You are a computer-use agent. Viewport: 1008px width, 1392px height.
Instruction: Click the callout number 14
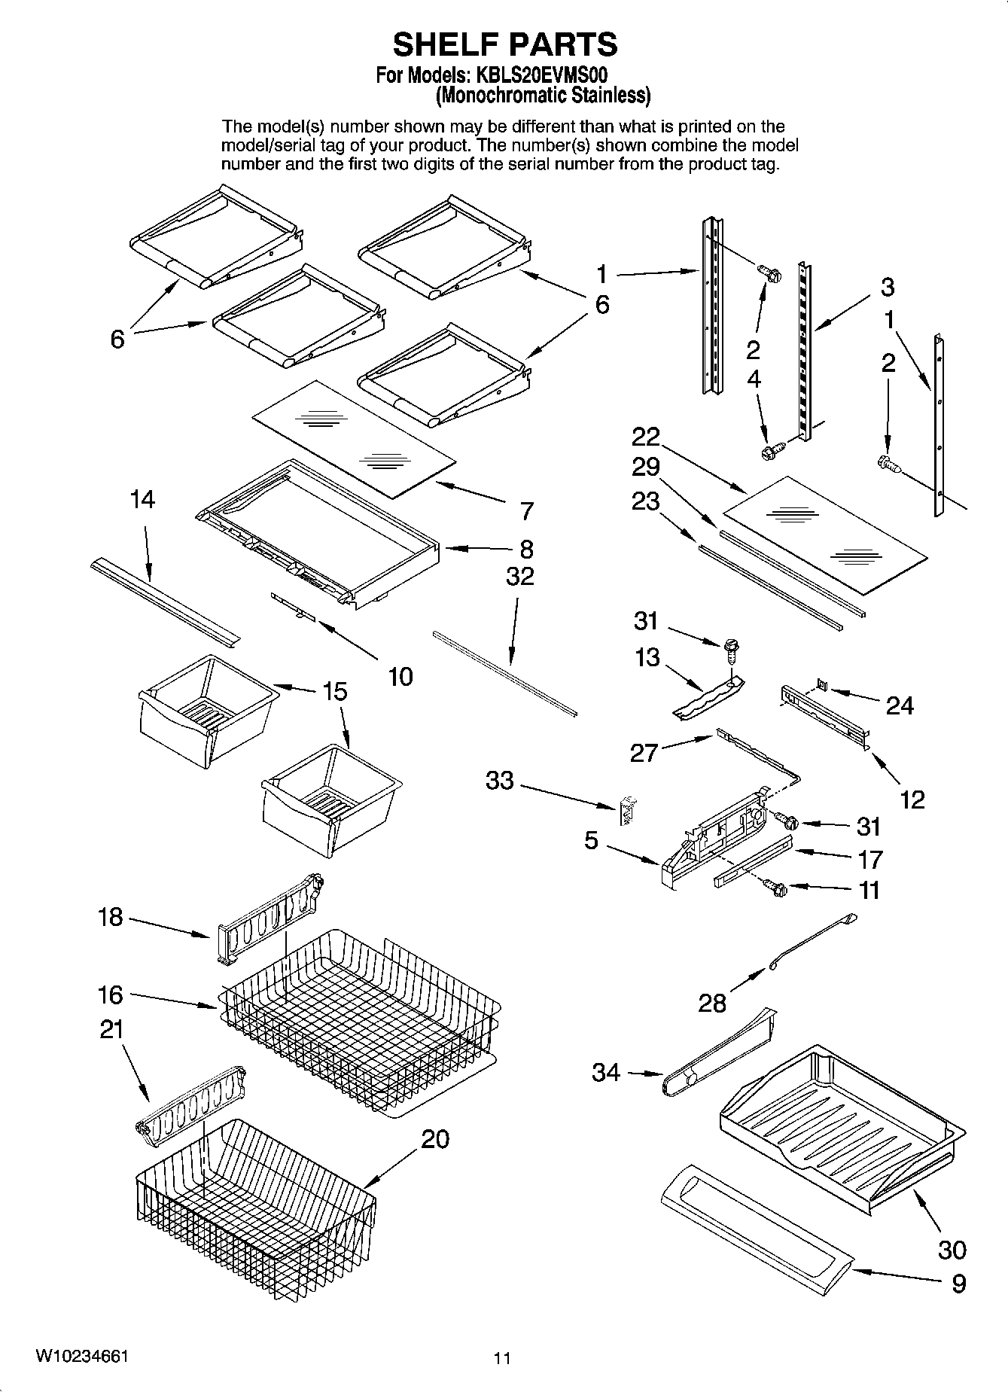point(142,499)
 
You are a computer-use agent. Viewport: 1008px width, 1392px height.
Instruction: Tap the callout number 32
point(519,576)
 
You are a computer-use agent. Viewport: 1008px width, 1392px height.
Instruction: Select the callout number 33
point(500,781)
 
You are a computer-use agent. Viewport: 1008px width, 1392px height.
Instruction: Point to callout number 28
point(711,1002)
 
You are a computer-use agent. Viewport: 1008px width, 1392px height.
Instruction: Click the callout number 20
point(434,1139)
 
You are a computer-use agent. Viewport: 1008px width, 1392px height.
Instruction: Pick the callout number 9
point(958,1283)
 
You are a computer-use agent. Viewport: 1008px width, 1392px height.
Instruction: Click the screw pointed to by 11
point(775,888)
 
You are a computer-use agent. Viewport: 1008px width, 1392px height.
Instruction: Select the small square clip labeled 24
point(823,685)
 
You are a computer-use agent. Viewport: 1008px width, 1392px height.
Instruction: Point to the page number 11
point(502,1358)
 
